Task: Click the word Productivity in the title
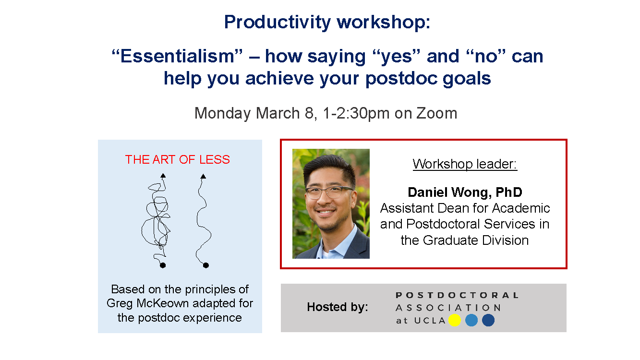278,22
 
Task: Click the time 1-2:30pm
356,114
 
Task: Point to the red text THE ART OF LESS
178,159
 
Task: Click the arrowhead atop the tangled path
163,175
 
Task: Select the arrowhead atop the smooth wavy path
203,176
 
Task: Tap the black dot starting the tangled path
163,265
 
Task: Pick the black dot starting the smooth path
205,265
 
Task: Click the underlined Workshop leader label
465,164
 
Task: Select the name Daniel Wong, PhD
465,192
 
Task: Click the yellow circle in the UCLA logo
455,320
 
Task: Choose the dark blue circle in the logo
488,320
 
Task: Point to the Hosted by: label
338,307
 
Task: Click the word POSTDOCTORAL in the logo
457,295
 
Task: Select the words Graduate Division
476,240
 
